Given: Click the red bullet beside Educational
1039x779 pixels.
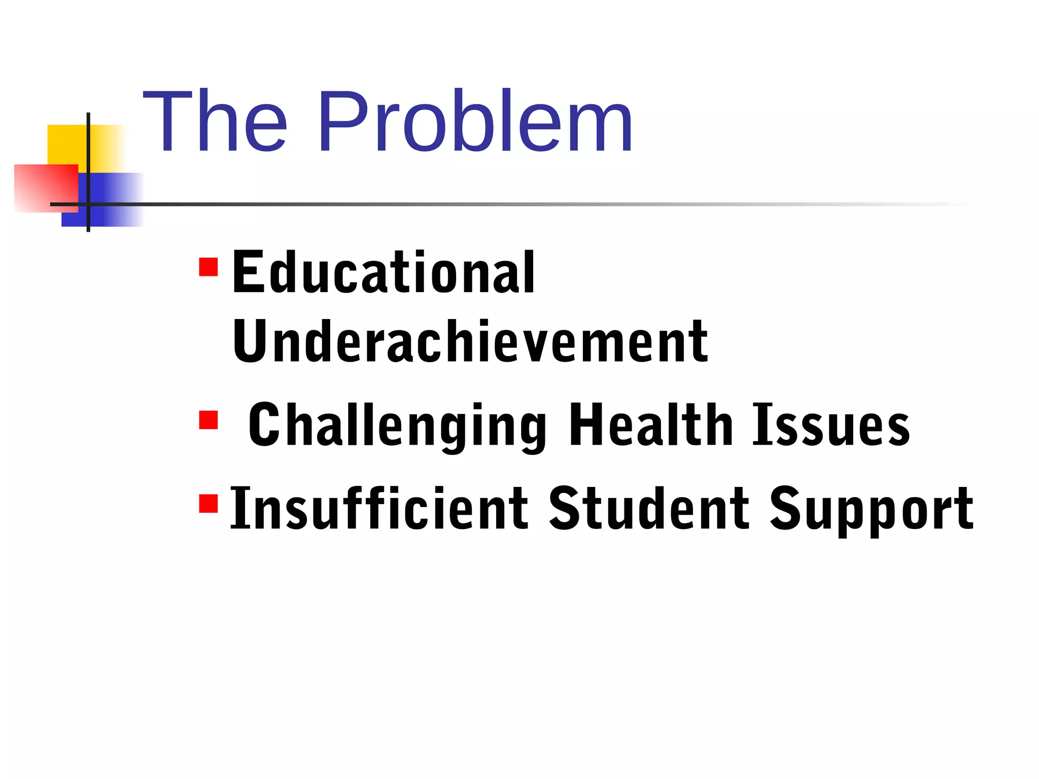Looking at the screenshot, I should pos(209,267).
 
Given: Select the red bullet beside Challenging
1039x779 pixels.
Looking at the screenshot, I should pos(209,420).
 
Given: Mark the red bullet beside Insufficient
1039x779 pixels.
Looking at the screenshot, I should pos(209,504).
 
